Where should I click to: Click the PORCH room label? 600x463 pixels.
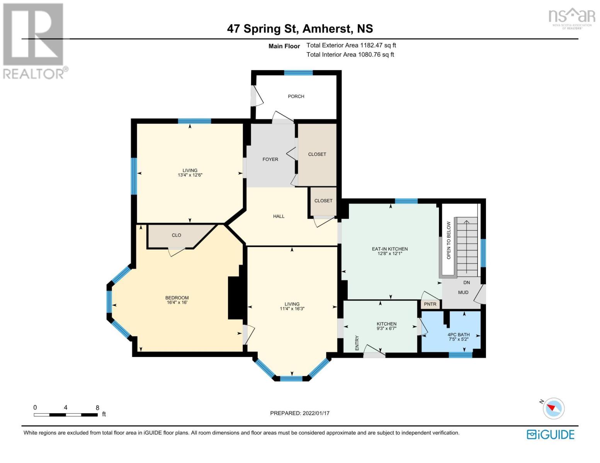pos(296,96)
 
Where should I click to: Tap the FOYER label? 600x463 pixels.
pos(270,159)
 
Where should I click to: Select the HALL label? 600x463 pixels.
pos(279,216)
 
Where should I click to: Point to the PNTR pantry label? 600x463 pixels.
pos(430,304)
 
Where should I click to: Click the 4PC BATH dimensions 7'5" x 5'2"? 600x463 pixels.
pos(459,339)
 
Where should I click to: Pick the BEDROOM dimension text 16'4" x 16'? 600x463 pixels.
pos(177,302)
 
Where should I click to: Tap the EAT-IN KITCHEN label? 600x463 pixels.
pos(390,249)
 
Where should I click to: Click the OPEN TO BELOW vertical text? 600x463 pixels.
pos(449,240)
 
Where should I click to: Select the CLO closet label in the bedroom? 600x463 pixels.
pos(177,235)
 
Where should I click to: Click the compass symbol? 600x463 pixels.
pos(553,408)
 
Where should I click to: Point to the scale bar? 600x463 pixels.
pos(66,415)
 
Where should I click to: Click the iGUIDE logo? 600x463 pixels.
pos(551,434)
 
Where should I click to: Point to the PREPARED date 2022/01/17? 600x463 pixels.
pos(316,413)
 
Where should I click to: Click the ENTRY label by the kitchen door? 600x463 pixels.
pos(357,343)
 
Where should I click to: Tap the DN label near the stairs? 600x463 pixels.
pos(467,283)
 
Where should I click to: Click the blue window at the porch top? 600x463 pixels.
pos(298,73)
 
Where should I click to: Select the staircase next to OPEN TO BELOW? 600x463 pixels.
pos(467,247)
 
